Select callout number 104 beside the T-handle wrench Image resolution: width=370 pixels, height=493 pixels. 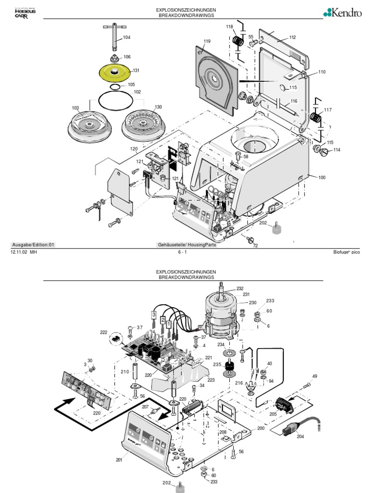pyautogui.click(x=126, y=38)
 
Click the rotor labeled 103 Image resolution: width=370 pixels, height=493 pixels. pyautogui.click(x=89, y=125)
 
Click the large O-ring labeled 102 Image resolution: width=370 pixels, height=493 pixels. pyautogui.click(x=116, y=101)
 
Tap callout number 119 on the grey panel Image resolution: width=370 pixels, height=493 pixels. pyautogui.click(x=207, y=42)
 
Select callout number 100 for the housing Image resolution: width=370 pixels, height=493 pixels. pyautogui.click(x=321, y=178)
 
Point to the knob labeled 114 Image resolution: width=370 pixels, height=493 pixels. pyautogui.click(x=323, y=153)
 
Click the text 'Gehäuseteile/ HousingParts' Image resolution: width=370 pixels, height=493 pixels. pyautogui.click(x=187, y=245)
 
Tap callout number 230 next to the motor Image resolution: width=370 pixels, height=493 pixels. pyautogui.click(x=252, y=303)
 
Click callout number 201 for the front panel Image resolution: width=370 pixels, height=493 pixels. pyautogui.click(x=119, y=460)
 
